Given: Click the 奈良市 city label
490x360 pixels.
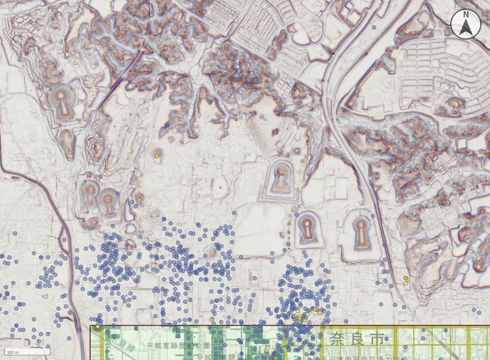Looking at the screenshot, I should (x=352, y=339).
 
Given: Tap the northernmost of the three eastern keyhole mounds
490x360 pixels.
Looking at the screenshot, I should (x=280, y=179).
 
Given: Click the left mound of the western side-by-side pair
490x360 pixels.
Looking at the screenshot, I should (x=90, y=194).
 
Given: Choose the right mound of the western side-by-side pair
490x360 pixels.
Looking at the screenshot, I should (x=109, y=202).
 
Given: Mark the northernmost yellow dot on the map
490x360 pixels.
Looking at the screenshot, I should (x=158, y=156).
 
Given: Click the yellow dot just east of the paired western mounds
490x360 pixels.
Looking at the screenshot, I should (x=138, y=201).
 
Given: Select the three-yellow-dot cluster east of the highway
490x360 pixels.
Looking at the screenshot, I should (x=406, y=280).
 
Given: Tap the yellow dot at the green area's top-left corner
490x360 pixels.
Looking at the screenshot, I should (x=97, y=326).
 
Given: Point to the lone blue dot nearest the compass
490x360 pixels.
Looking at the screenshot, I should (x=374, y=27).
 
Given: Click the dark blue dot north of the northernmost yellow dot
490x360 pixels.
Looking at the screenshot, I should (x=168, y=126).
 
